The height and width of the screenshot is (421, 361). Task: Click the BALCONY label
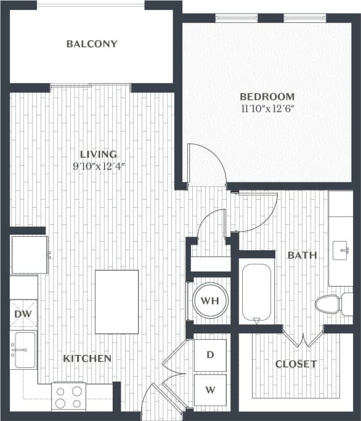92,44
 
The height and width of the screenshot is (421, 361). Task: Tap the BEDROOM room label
267,96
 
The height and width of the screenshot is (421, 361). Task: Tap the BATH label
302,255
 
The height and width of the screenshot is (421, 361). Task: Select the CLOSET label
296,364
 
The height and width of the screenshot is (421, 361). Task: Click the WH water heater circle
211,301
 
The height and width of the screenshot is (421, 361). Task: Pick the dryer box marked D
210,355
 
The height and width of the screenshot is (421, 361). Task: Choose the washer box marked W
210,390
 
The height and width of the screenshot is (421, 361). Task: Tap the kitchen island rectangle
116,301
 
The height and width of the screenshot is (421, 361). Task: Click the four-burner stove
68,396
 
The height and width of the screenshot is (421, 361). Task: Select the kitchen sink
24,349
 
